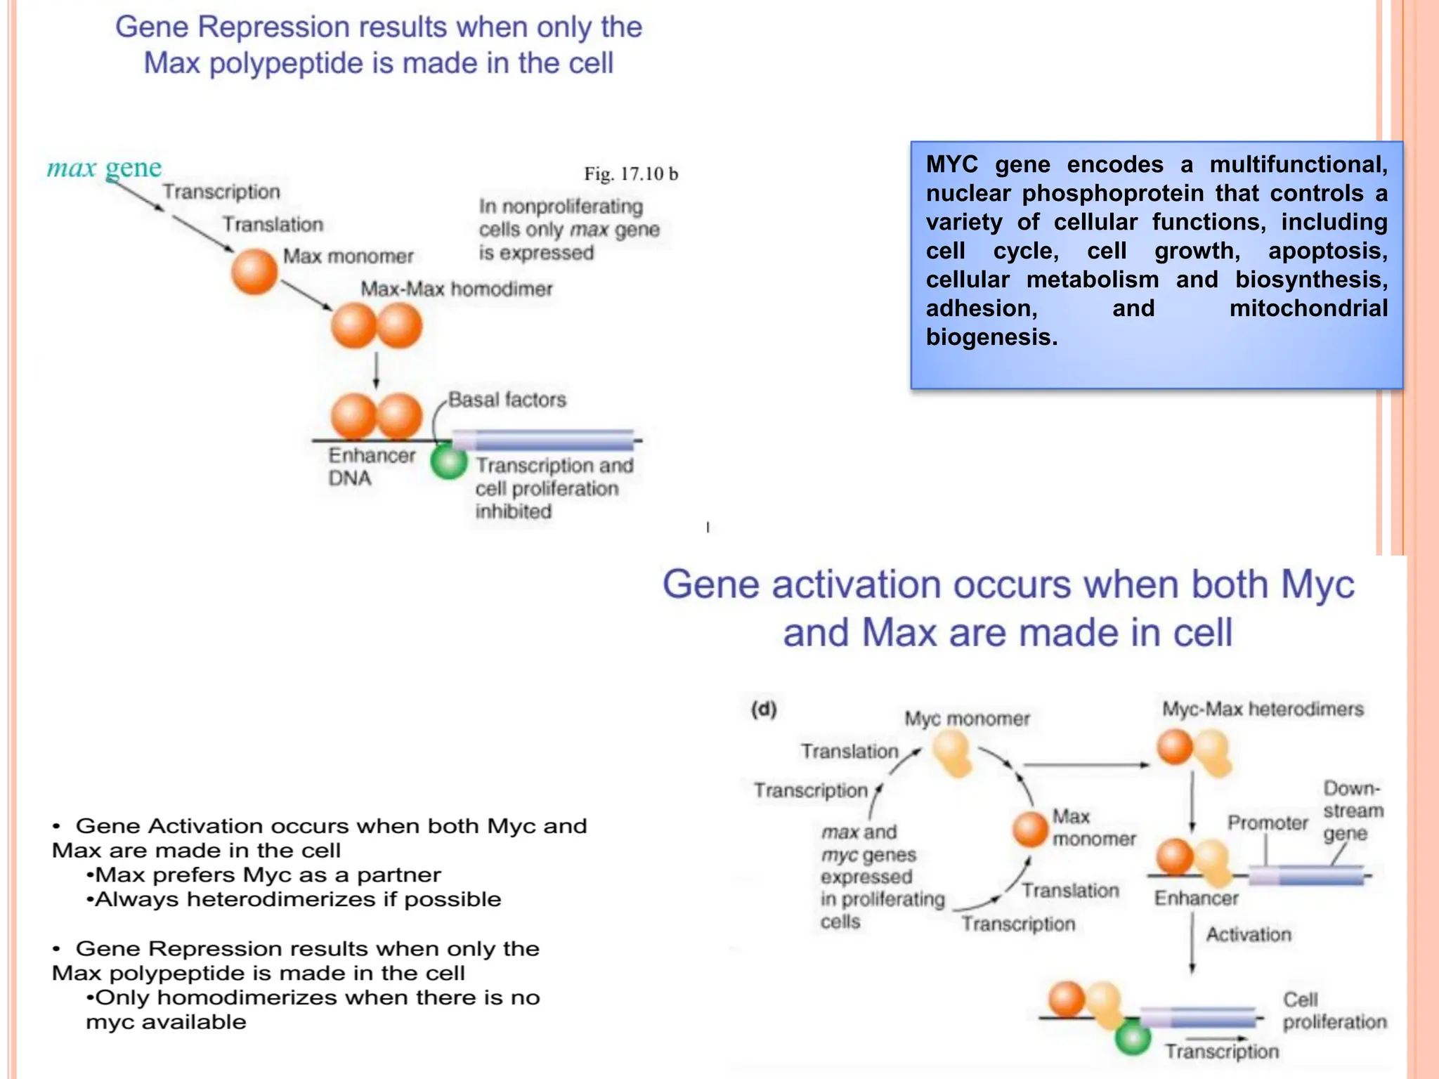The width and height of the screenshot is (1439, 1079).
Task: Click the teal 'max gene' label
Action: pyautogui.click(x=104, y=168)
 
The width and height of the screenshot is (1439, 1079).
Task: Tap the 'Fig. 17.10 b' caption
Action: pyautogui.click(x=630, y=174)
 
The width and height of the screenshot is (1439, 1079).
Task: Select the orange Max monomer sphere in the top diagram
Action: pyautogui.click(x=254, y=271)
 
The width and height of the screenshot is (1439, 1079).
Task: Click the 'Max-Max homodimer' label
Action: pyautogui.click(x=456, y=289)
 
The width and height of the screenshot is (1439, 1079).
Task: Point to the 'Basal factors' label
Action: pyautogui.click(x=507, y=400)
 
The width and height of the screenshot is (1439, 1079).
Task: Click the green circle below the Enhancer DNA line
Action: pyautogui.click(x=449, y=462)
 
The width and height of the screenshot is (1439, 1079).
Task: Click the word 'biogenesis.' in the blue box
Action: pyautogui.click(x=991, y=337)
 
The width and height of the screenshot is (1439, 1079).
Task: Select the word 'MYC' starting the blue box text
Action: pyautogui.click(x=952, y=164)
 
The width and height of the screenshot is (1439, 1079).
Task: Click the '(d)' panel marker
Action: pyautogui.click(x=763, y=709)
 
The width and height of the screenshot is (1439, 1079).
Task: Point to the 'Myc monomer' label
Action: pyautogui.click(x=966, y=719)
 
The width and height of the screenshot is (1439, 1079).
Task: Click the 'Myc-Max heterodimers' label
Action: pyautogui.click(x=1262, y=709)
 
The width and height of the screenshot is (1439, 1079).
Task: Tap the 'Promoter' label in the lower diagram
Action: pyautogui.click(x=1267, y=823)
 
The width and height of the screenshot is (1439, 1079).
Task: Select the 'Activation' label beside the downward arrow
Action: pyautogui.click(x=1248, y=934)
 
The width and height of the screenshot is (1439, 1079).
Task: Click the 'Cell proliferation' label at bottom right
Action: pyautogui.click(x=1334, y=1011)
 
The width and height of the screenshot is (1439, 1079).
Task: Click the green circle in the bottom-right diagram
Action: pyautogui.click(x=1133, y=1038)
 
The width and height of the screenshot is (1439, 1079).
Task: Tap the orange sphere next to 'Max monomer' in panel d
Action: pyautogui.click(x=1031, y=829)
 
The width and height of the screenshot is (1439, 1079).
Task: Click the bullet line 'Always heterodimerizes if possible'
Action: pyautogui.click(x=294, y=899)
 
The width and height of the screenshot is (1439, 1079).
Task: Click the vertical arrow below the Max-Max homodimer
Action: pyautogui.click(x=376, y=370)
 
